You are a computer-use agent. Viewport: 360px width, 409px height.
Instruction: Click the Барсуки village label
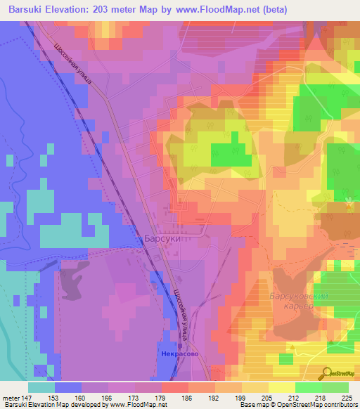163,239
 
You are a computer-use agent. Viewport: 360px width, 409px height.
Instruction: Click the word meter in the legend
11,397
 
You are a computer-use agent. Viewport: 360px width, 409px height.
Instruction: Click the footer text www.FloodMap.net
136,405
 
